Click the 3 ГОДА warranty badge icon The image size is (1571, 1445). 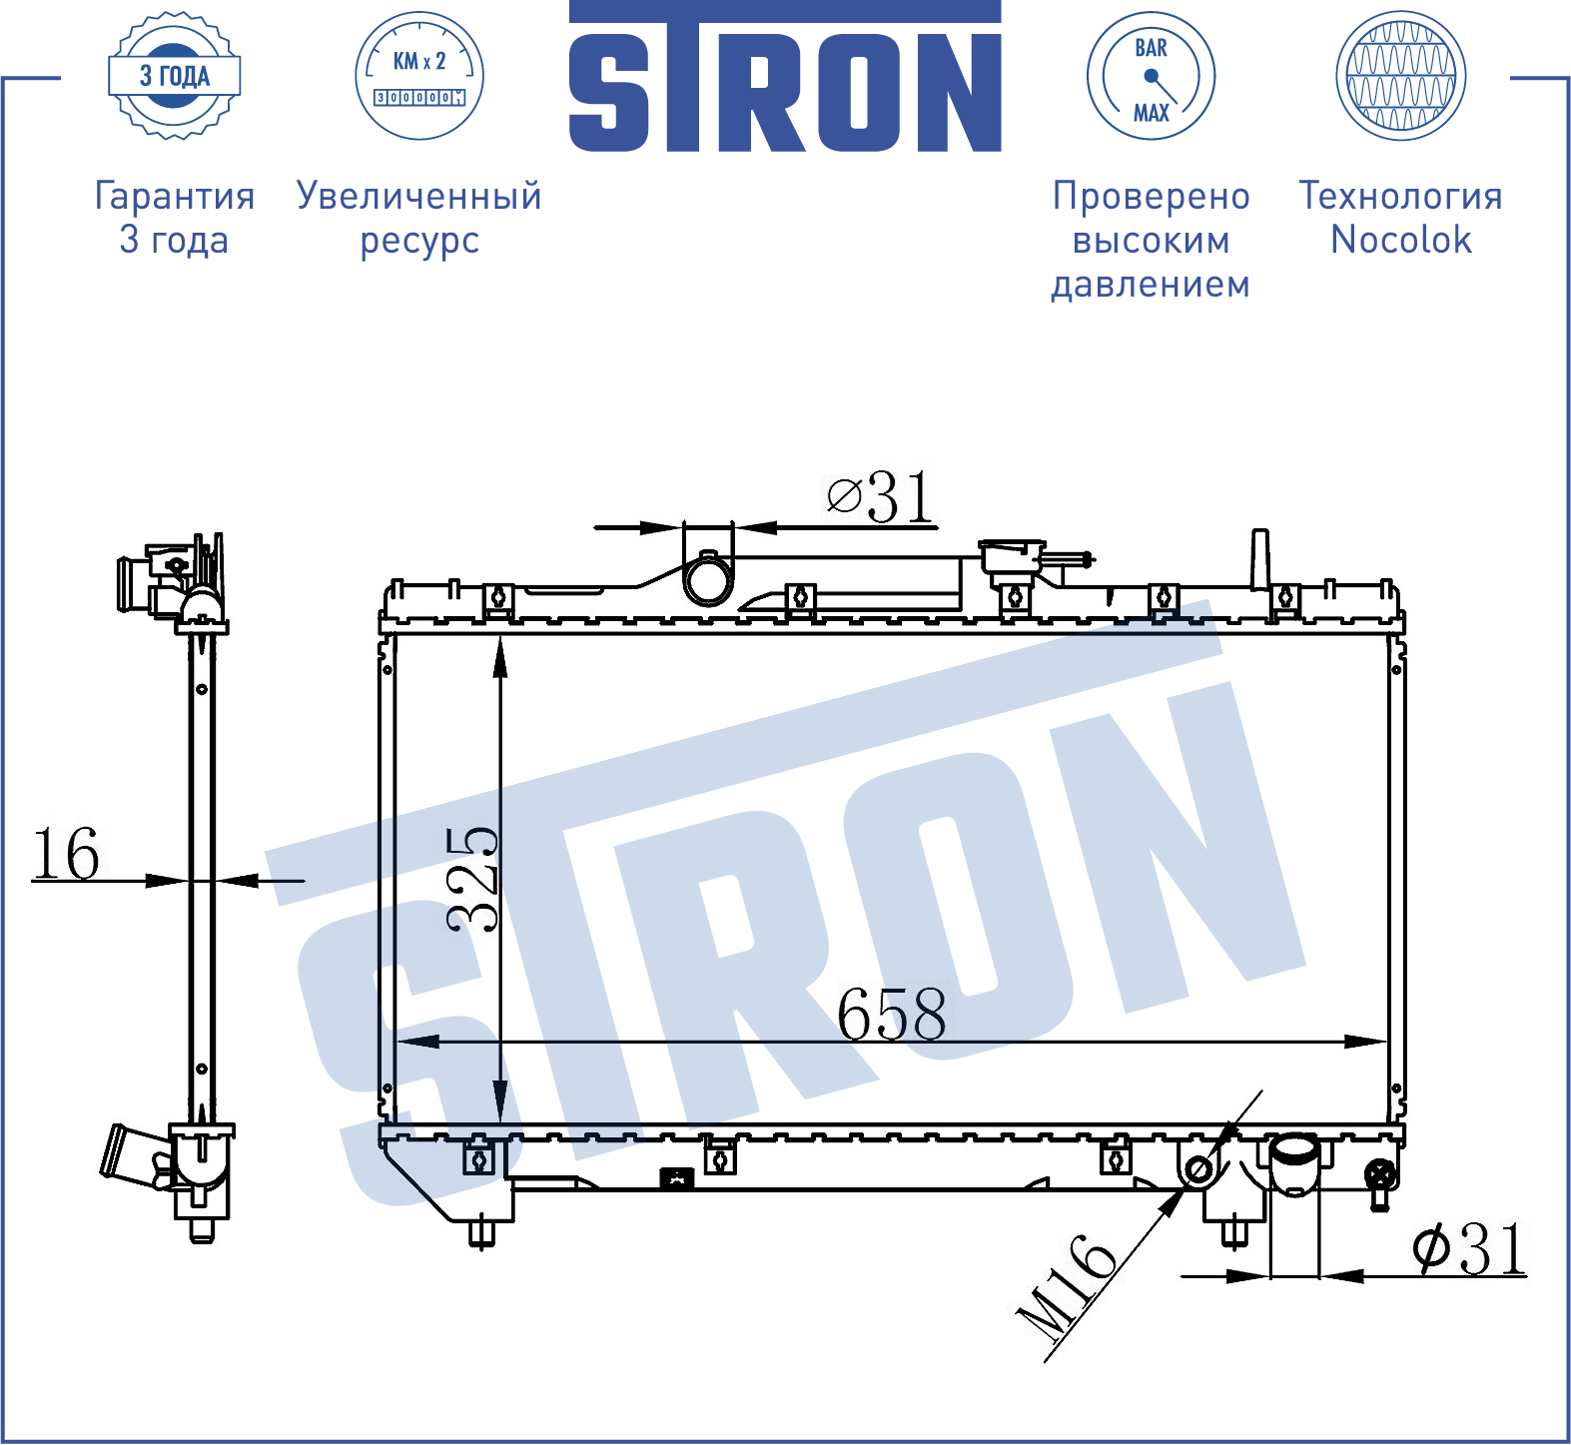tap(175, 76)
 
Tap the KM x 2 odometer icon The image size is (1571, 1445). tap(419, 76)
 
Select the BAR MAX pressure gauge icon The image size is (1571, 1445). tap(1151, 76)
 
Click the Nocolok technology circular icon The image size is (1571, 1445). tap(1400, 76)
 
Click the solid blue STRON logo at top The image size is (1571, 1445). tap(785, 77)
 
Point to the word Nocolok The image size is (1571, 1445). tap(1401, 240)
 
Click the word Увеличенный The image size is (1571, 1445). tap(419, 196)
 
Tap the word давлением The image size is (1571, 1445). tap(1151, 285)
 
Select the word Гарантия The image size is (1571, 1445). tap(175, 196)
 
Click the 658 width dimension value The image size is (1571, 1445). tap(892, 1014)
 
